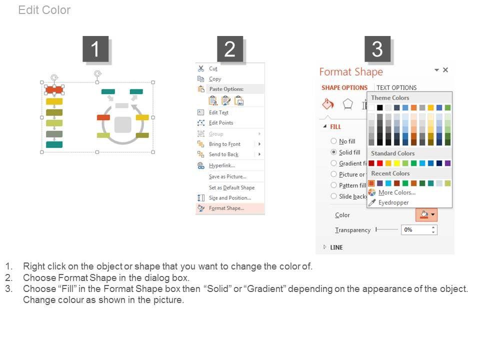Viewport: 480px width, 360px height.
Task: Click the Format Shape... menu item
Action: point(226,208)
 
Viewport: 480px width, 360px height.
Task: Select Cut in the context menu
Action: point(213,68)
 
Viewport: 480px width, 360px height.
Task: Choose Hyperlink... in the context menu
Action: point(221,165)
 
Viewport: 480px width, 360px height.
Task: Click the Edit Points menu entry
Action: point(220,123)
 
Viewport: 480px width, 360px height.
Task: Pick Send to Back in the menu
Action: point(223,154)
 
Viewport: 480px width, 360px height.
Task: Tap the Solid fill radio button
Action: point(333,152)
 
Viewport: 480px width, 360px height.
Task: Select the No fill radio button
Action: point(333,141)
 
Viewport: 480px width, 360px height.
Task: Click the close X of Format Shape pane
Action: point(445,70)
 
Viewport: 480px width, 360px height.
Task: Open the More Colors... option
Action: point(396,192)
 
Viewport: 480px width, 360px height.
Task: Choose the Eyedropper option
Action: point(393,202)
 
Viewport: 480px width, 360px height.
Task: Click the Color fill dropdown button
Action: point(426,214)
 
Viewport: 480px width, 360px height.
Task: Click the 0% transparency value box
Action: point(419,230)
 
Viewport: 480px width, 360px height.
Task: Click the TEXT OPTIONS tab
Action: point(396,88)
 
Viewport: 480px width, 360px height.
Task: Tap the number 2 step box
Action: point(230,49)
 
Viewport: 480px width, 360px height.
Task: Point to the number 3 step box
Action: point(377,49)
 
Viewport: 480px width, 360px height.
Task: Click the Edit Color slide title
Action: point(44,10)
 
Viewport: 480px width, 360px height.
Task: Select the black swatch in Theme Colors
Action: point(380,107)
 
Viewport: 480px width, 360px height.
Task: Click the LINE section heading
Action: point(336,247)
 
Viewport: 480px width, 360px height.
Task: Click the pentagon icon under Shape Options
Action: point(348,104)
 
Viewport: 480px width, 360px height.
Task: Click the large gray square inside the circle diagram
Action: point(123,124)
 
